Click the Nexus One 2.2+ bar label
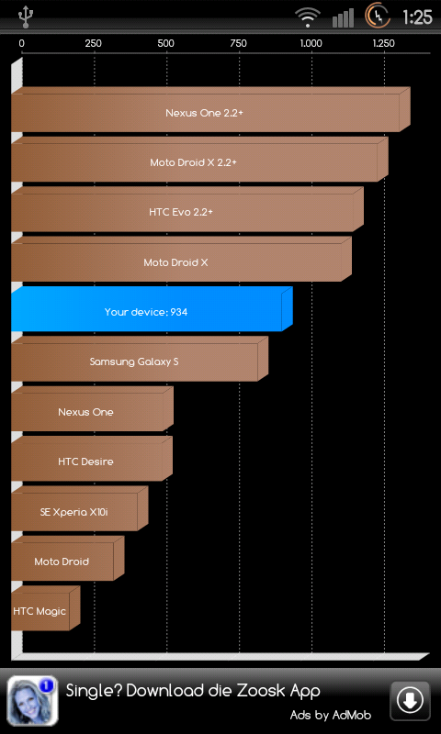(204, 113)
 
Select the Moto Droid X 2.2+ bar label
(194, 162)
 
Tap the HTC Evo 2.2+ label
(181, 212)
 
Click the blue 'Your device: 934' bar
(152, 309)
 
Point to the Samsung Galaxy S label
(134, 361)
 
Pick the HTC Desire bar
(92, 458)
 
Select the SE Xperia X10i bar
(80, 508)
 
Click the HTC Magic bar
(45, 608)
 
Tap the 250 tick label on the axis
(94, 43)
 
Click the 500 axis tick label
(166, 43)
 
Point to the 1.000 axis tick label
(311, 43)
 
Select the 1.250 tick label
(384, 43)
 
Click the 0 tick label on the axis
(21, 43)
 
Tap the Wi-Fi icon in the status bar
(308, 17)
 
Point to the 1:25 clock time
(417, 17)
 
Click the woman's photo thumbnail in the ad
(33, 701)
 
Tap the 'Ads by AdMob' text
(331, 716)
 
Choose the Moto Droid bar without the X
(67, 559)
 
